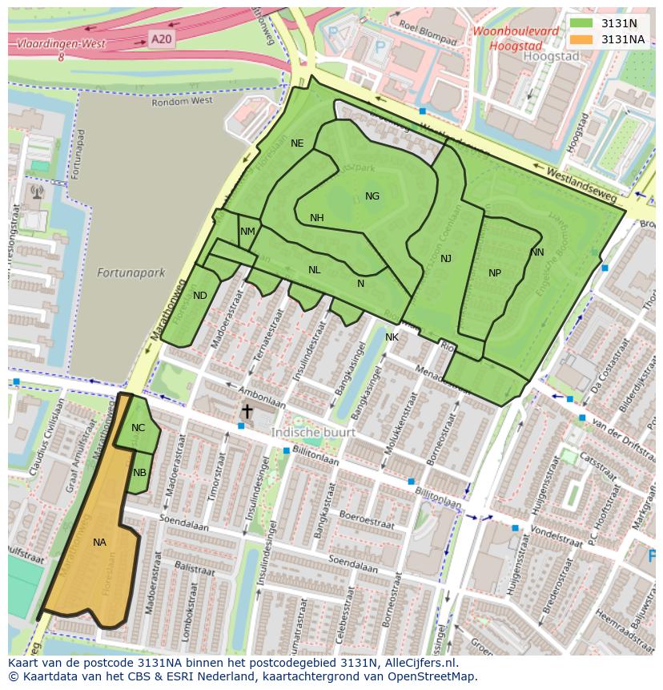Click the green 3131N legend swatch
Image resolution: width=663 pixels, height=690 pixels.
(x=581, y=23)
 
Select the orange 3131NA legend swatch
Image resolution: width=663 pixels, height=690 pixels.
(x=581, y=38)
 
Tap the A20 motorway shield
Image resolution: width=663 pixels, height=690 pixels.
(x=160, y=38)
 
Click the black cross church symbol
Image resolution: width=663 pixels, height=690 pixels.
(x=247, y=411)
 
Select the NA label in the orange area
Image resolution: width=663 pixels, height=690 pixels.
(x=99, y=543)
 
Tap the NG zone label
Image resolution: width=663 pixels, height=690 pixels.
(x=372, y=196)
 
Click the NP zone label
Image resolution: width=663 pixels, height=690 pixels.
(x=495, y=273)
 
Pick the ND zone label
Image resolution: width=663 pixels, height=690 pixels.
(x=200, y=296)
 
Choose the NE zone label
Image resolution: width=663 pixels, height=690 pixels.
(x=297, y=143)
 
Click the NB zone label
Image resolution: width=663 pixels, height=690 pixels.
(x=140, y=473)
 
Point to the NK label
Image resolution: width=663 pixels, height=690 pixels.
(x=392, y=337)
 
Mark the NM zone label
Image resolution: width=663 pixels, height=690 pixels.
(x=247, y=232)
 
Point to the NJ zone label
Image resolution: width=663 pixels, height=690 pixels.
(x=446, y=259)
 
